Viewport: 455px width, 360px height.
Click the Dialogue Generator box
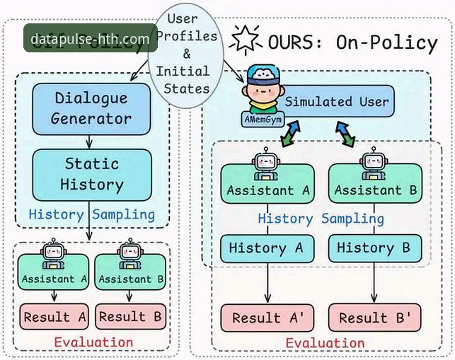91,108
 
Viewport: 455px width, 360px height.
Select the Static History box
92,174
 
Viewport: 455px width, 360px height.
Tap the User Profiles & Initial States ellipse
187,53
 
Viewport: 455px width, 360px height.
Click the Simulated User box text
337,102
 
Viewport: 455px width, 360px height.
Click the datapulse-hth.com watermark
87,39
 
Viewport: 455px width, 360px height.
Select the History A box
266,248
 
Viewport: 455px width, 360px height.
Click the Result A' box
267,318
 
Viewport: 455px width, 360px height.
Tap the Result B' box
374,318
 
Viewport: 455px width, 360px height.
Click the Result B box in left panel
132,317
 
